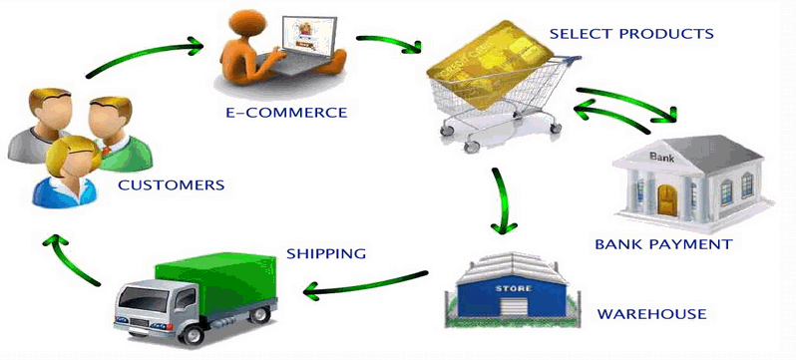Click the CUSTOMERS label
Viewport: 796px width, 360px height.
tap(171, 185)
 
